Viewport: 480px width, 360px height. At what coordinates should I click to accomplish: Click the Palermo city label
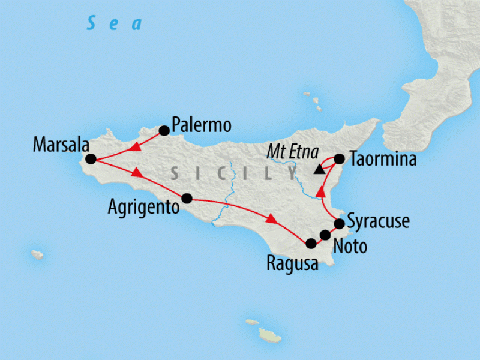[x=201, y=125]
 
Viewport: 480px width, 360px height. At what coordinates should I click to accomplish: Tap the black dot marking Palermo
[x=163, y=129]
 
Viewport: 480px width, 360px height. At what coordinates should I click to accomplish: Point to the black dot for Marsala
[x=91, y=159]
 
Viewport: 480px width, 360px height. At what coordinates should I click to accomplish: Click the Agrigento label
[x=143, y=208]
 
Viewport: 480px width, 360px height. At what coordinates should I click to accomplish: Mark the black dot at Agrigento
[x=187, y=198]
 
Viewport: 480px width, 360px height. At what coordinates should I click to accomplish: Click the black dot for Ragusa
[x=311, y=244]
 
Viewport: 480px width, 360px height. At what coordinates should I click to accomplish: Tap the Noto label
[x=350, y=246]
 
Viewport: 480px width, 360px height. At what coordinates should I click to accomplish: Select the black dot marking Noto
[x=325, y=235]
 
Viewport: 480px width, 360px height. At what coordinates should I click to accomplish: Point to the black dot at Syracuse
[x=339, y=224]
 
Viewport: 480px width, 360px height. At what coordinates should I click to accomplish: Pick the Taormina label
[x=382, y=160]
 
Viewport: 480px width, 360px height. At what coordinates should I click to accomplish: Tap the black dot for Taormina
[x=339, y=159]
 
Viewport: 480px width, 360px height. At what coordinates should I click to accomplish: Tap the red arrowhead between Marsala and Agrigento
[x=137, y=173]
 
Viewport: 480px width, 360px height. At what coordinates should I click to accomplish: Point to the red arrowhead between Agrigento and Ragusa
[x=271, y=220]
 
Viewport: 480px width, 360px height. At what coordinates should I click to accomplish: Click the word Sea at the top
[x=114, y=24]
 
